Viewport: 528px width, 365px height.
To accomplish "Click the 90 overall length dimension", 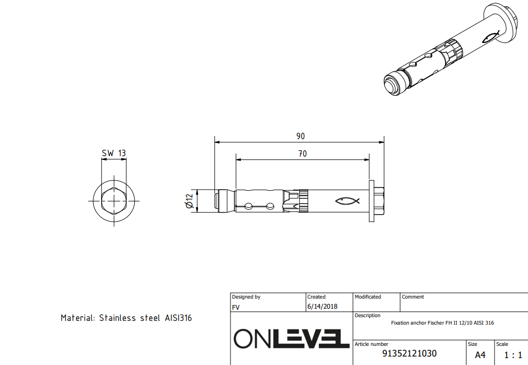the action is point(300,136).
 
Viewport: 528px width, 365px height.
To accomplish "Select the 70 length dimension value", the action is point(302,154).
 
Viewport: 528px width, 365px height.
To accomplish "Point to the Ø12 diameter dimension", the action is point(189,201).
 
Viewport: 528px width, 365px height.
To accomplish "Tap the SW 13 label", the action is point(114,153).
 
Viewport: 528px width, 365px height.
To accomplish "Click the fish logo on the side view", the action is point(347,201).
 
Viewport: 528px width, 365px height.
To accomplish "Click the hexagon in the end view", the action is point(114,201).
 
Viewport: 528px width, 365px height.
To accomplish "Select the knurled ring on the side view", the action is point(303,201).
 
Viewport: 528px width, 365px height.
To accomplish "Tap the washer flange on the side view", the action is point(372,201).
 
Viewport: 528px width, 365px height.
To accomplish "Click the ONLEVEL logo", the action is point(292,338).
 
